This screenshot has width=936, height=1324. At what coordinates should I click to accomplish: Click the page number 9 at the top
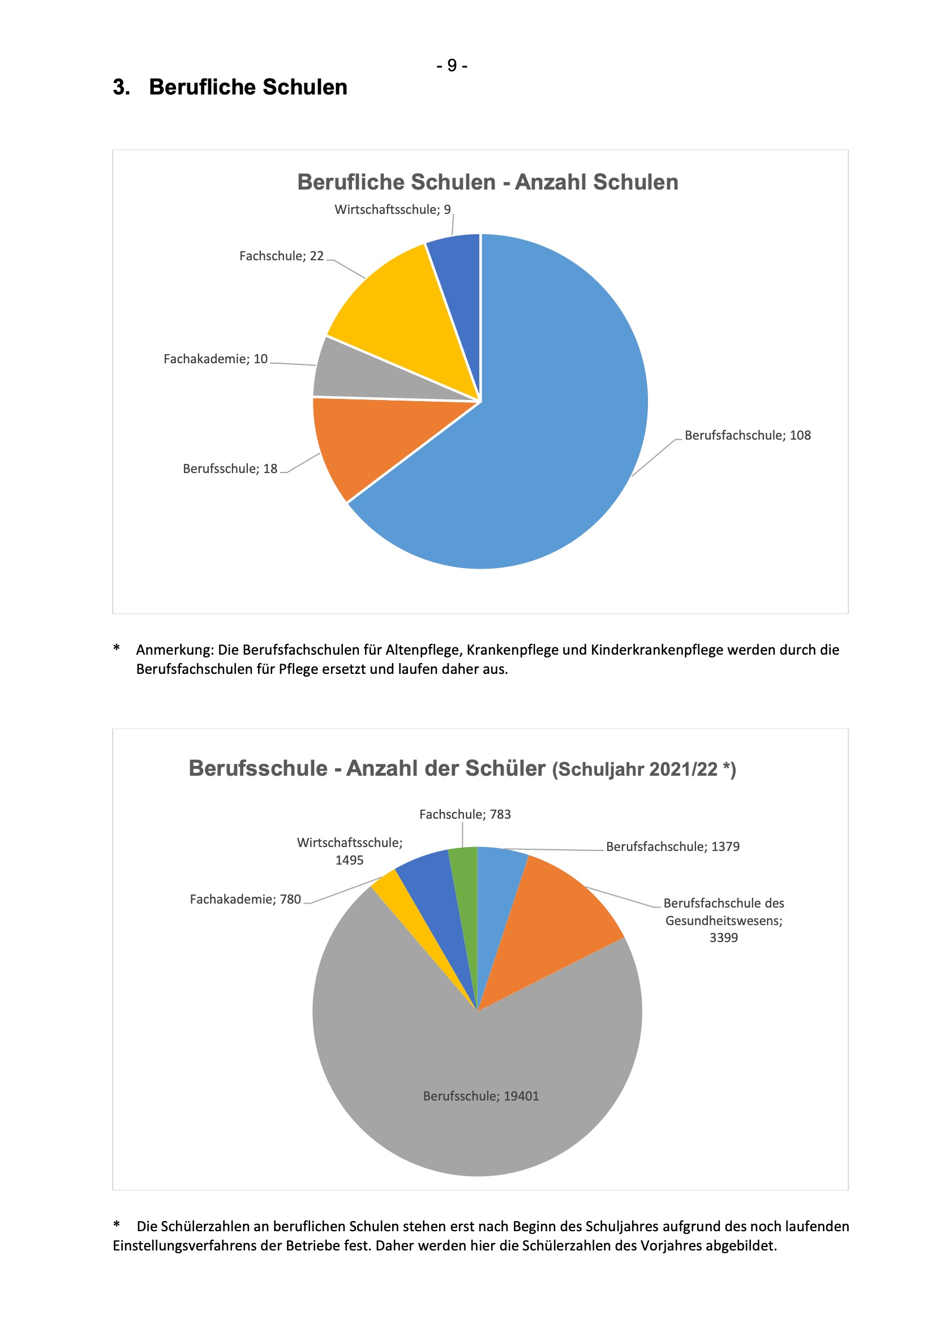(x=452, y=65)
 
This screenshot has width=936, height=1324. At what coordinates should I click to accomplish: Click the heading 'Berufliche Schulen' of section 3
(x=248, y=87)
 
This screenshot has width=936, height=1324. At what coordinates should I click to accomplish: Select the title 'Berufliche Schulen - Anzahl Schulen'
(x=487, y=182)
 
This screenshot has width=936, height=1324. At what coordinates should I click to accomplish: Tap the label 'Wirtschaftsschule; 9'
(x=392, y=209)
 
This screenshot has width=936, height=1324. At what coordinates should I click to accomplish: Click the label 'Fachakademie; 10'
(x=216, y=359)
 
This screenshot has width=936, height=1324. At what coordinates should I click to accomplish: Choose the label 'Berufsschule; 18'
(x=230, y=468)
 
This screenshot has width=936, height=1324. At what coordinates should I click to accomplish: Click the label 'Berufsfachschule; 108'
(x=748, y=435)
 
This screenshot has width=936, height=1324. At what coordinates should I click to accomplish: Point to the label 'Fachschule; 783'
(x=465, y=814)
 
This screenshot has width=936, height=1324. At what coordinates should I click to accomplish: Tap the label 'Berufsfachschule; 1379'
(x=672, y=846)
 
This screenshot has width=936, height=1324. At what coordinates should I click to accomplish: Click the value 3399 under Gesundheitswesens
(x=723, y=937)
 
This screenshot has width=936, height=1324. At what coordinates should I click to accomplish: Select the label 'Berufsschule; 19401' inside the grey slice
(x=481, y=1095)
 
